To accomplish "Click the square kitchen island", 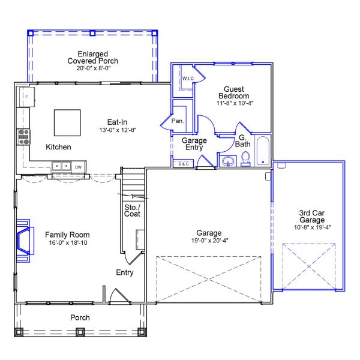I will (x=67, y=123).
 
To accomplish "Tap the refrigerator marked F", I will (x=26, y=97).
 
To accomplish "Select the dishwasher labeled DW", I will (x=78, y=167).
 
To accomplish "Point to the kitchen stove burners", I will (x=24, y=137).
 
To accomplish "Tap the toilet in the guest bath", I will (x=245, y=158).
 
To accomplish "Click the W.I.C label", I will (x=187, y=78).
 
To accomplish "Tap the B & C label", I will (x=181, y=164).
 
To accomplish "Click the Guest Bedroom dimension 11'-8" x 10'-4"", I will (x=233, y=103).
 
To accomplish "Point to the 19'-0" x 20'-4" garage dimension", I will (x=209, y=241).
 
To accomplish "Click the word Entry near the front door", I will (x=124, y=273).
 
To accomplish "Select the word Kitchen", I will (x=59, y=147).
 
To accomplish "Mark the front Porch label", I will (x=80, y=317).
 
